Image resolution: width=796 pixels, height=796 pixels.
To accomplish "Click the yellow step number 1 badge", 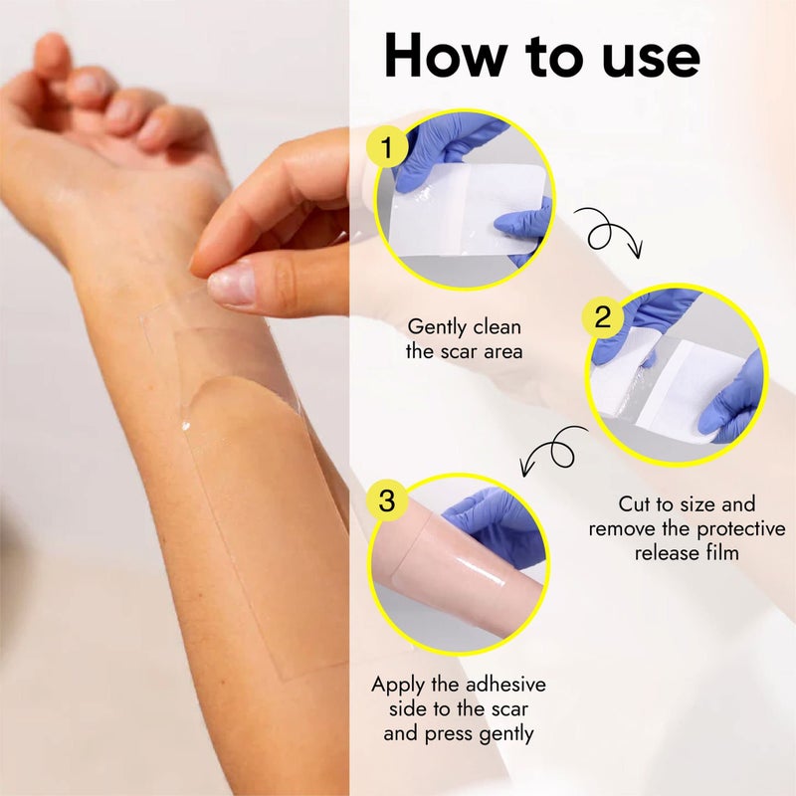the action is [387, 146].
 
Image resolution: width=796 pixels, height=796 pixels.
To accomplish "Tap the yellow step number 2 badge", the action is [603, 317].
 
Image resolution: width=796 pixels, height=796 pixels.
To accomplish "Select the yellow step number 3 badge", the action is [386, 500].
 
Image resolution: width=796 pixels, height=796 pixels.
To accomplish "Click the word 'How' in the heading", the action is [445, 56].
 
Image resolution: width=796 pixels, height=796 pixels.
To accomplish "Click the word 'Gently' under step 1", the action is [436, 328].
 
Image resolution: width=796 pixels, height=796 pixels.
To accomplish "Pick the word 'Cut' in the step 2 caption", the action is [634, 504].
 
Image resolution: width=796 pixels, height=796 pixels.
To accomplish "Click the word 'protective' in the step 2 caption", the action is [740, 530].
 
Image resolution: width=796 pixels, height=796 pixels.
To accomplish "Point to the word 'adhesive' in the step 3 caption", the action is [505, 685].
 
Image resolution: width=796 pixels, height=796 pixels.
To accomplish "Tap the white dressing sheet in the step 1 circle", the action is [466, 208].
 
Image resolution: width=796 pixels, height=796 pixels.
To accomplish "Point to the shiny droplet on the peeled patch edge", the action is [186, 426].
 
